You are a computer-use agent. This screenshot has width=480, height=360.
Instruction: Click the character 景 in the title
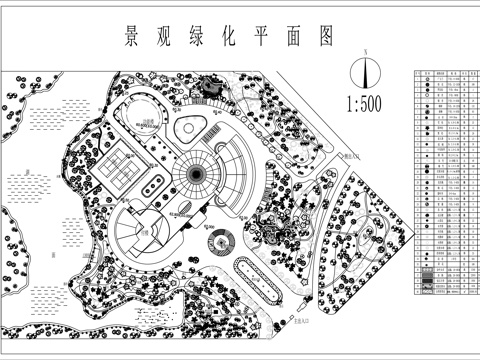click(x=131, y=38)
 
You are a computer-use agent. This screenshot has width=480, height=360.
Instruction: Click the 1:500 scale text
click(x=368, y=102)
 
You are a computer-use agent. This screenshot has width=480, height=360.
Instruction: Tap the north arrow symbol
click(x=368, y=72)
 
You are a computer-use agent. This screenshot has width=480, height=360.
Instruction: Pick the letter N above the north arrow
click(x=368, y=51)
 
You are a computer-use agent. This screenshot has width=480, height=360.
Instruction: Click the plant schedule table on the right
click(x=442, y=184)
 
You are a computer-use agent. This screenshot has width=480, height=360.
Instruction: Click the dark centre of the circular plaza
click(x=193, y=179)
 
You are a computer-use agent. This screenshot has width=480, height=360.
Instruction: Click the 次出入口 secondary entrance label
click(x=350, y=157)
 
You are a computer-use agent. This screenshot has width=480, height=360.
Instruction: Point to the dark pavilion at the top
click(x=211, y=88)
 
